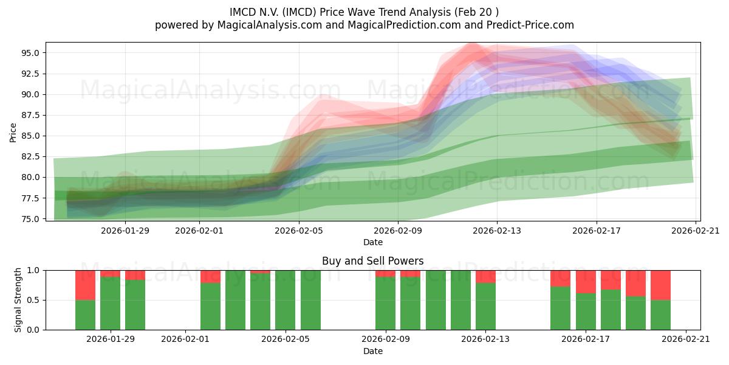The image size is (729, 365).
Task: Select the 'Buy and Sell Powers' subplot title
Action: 372,261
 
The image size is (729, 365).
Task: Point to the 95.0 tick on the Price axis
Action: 31,53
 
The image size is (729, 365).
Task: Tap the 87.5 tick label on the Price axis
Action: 31,115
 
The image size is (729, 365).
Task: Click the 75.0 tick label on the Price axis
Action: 31,219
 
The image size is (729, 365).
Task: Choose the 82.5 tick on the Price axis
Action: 31,156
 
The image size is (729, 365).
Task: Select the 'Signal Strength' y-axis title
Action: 18,300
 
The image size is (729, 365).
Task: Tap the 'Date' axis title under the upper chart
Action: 372,242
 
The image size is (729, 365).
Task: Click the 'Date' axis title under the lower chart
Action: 372,351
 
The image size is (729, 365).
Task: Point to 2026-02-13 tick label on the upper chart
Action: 497,231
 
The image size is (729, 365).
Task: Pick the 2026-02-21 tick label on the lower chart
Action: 685,339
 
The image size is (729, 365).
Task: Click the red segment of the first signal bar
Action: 85,285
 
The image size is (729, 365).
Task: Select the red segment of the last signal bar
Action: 660,285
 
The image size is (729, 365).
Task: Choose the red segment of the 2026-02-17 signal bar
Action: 586,282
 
